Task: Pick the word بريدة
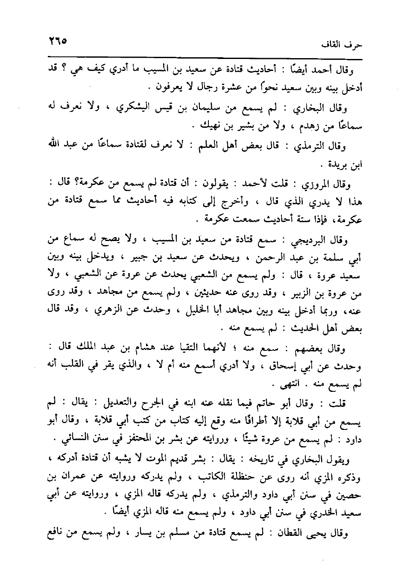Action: coord(337,164)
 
